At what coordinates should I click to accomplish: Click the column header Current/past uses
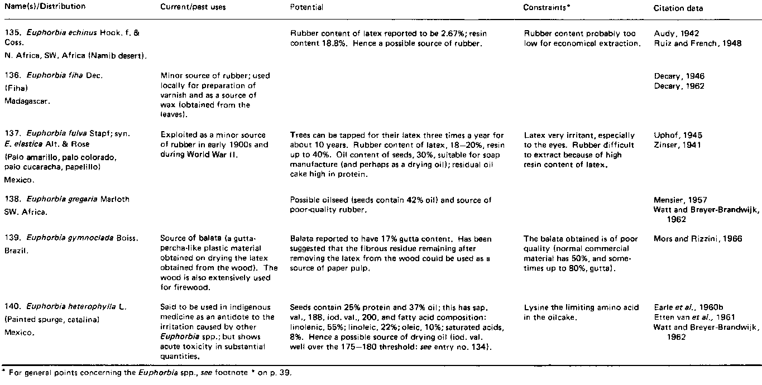coord(185,7)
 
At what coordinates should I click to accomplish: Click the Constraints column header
coord(546,7)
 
